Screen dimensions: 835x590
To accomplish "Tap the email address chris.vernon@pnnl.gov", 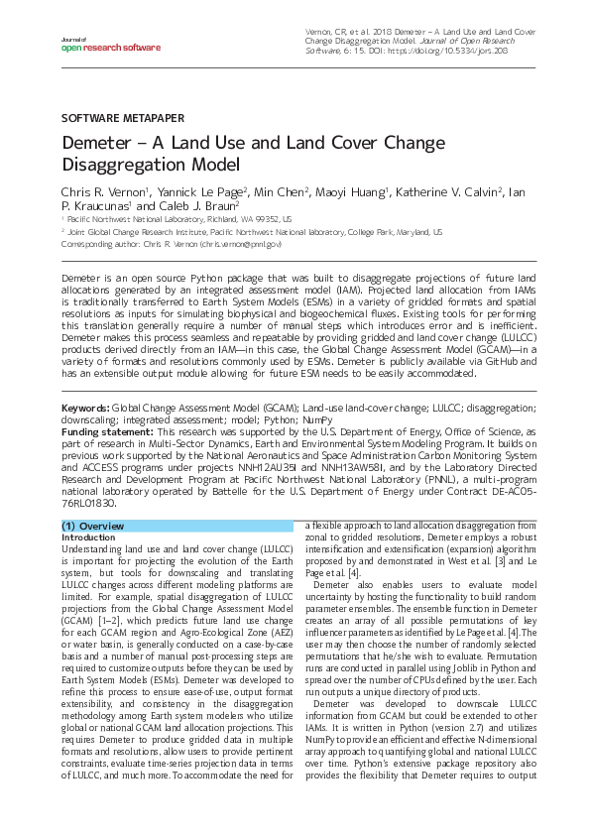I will point(241,243).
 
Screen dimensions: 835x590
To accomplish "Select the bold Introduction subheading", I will point(88,537).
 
